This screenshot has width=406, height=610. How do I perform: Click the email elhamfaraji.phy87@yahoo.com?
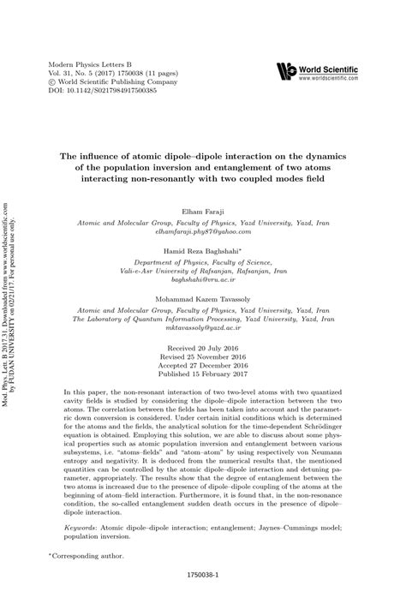pos(203,231)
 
